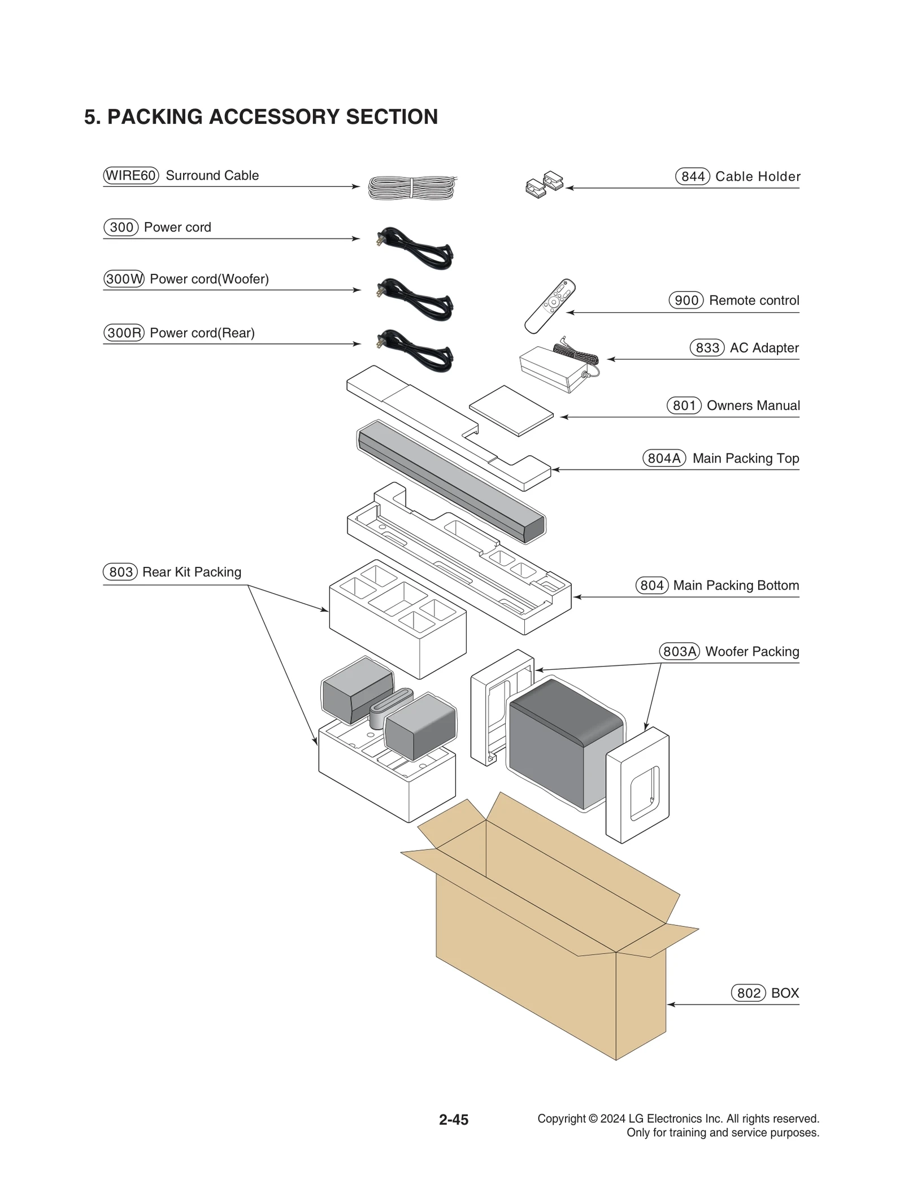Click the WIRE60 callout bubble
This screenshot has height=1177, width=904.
point(131,175)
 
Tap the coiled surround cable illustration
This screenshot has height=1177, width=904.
point(412,187)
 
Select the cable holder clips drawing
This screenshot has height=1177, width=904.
point(544,185)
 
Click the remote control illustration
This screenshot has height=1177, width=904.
point(549,306)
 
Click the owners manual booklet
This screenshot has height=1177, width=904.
point(511,411)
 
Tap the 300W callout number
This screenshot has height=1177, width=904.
point(124,279)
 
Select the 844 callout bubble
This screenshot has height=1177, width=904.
point(692,176)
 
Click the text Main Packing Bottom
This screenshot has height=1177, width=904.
point(736,585)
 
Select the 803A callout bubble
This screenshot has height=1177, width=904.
point(679,651)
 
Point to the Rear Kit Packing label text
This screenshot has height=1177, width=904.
point(192,572)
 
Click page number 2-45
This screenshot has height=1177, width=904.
point(453,1119)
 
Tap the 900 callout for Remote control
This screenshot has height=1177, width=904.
point(686,300)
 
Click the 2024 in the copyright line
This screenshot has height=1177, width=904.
point(612,1118)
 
